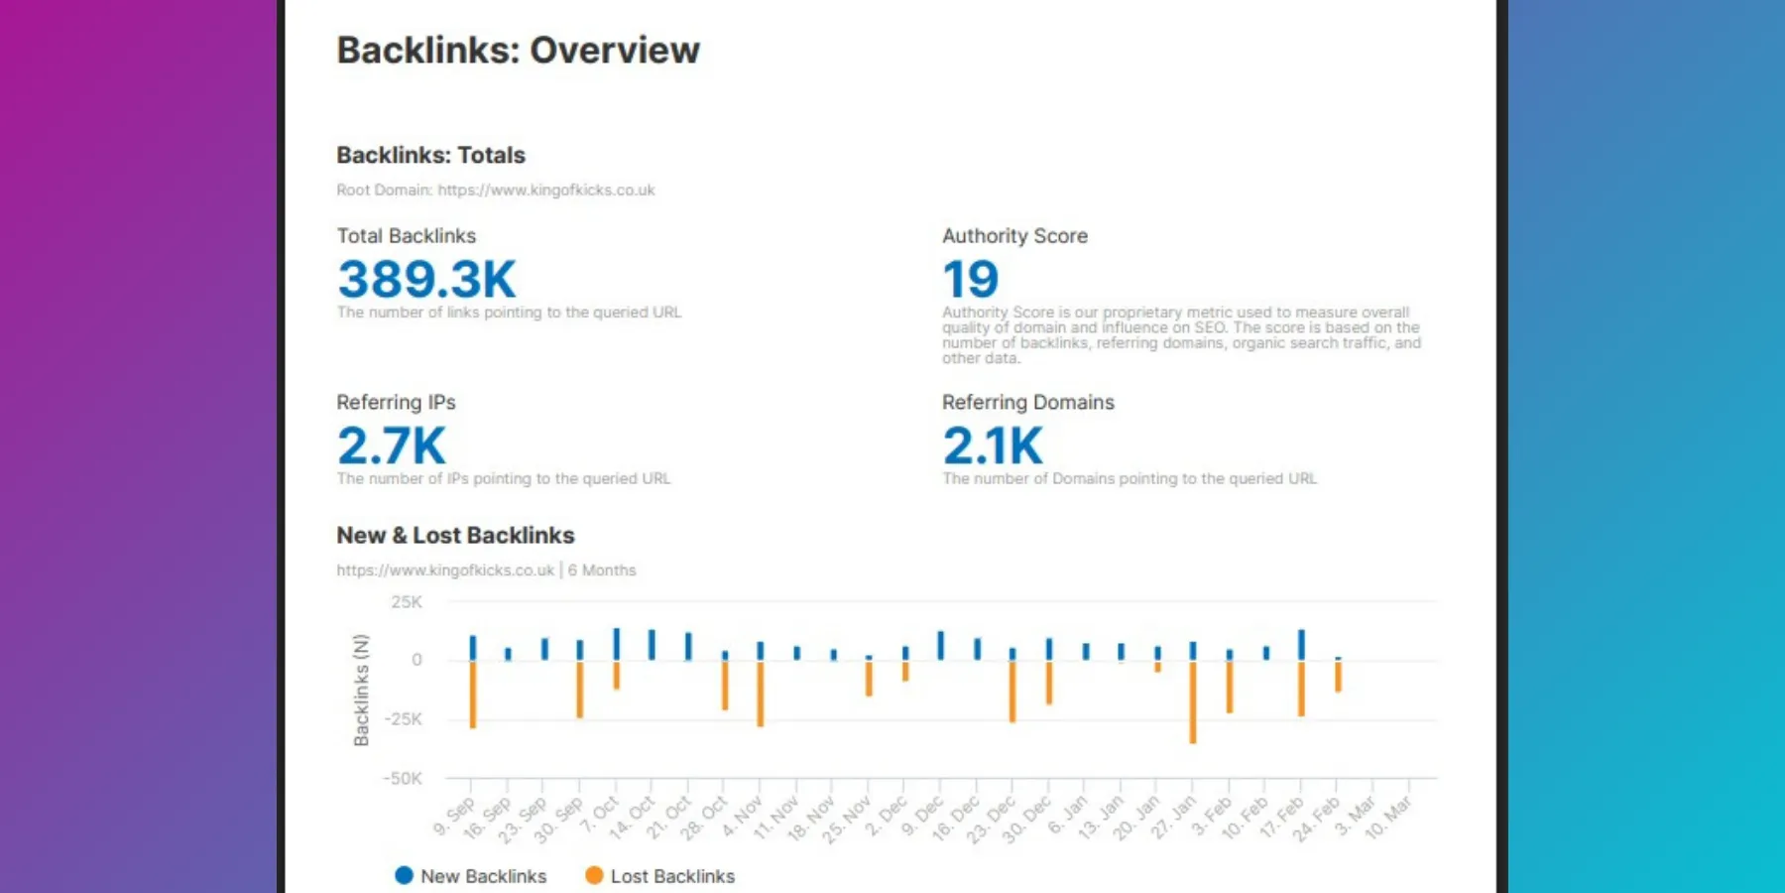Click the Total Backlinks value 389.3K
(426, 279)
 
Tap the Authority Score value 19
(970, 279)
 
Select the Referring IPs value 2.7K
(391, 446)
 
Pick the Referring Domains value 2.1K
(992, 446)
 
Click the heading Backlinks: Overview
(518, 51)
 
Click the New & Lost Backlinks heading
(455, 535)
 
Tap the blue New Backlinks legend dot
(404, 875)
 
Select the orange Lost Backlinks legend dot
(594, 875)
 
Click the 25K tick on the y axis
(407, 602)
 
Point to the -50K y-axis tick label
(403, 779)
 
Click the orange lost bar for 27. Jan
(1193, 702)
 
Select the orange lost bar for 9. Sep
(473, 695)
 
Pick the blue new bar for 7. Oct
(617, 644)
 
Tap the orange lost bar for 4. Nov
(761, 694)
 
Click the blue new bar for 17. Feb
(1301, 645)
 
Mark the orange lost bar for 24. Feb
(1338, 677)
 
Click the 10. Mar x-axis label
(1389, 818)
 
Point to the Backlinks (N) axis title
(361, 690)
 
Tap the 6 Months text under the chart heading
(602, 571)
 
